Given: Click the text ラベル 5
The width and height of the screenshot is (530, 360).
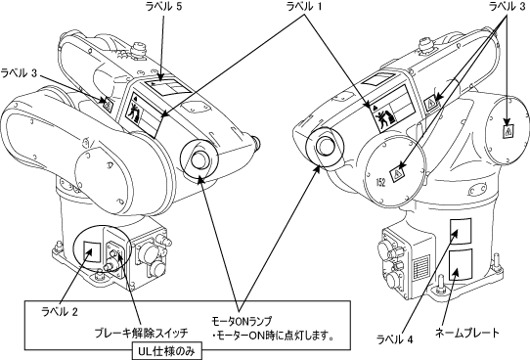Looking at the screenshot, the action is (x=163, y=7).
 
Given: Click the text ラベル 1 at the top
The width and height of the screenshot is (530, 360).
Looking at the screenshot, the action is (x=304, y=7).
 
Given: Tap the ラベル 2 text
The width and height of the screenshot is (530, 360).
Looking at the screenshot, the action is (x=60, y=311).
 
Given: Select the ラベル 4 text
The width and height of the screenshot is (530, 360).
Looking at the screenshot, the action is (x=394, y=339).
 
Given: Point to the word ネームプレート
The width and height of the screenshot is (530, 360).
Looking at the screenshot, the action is (x=466, y=333).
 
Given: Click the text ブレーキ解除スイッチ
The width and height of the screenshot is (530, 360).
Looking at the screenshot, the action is (x=141, y=333).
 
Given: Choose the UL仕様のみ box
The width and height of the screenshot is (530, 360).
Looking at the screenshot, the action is (x=167, y=351).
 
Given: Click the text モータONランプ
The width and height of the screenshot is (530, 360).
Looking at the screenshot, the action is (x=242, y=321).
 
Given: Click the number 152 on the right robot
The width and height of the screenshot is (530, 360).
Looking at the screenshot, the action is (x=380, y=183).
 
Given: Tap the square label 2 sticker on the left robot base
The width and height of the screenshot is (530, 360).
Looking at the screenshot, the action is (x=92, y=251).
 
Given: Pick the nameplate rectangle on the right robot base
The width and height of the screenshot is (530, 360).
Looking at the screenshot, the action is (x=461, y=265).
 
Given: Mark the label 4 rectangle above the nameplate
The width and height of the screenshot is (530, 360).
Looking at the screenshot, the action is (x=461, y=231).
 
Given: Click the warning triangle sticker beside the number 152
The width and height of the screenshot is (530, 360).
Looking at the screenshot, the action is (x=397, y=174).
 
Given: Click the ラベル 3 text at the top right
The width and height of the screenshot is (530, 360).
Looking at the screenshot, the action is (x=508, y=7).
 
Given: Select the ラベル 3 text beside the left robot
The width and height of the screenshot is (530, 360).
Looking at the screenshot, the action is (x=19, y=73).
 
